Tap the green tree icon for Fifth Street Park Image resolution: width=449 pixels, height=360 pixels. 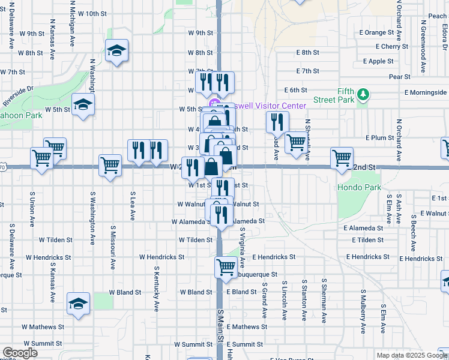(363, 94)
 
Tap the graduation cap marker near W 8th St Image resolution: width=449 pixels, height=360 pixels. (116, 51)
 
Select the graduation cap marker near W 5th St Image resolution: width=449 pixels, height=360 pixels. (83, 106)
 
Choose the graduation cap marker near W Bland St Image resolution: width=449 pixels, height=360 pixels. (78, 304)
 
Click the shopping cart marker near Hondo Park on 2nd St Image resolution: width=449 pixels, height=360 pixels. (342, 158)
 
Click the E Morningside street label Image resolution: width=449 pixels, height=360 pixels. (426, 92)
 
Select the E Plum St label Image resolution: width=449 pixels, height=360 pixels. (379, 137)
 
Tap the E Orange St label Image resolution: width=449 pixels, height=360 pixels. (376, 32)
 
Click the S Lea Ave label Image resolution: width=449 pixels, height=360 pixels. (131, 206)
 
